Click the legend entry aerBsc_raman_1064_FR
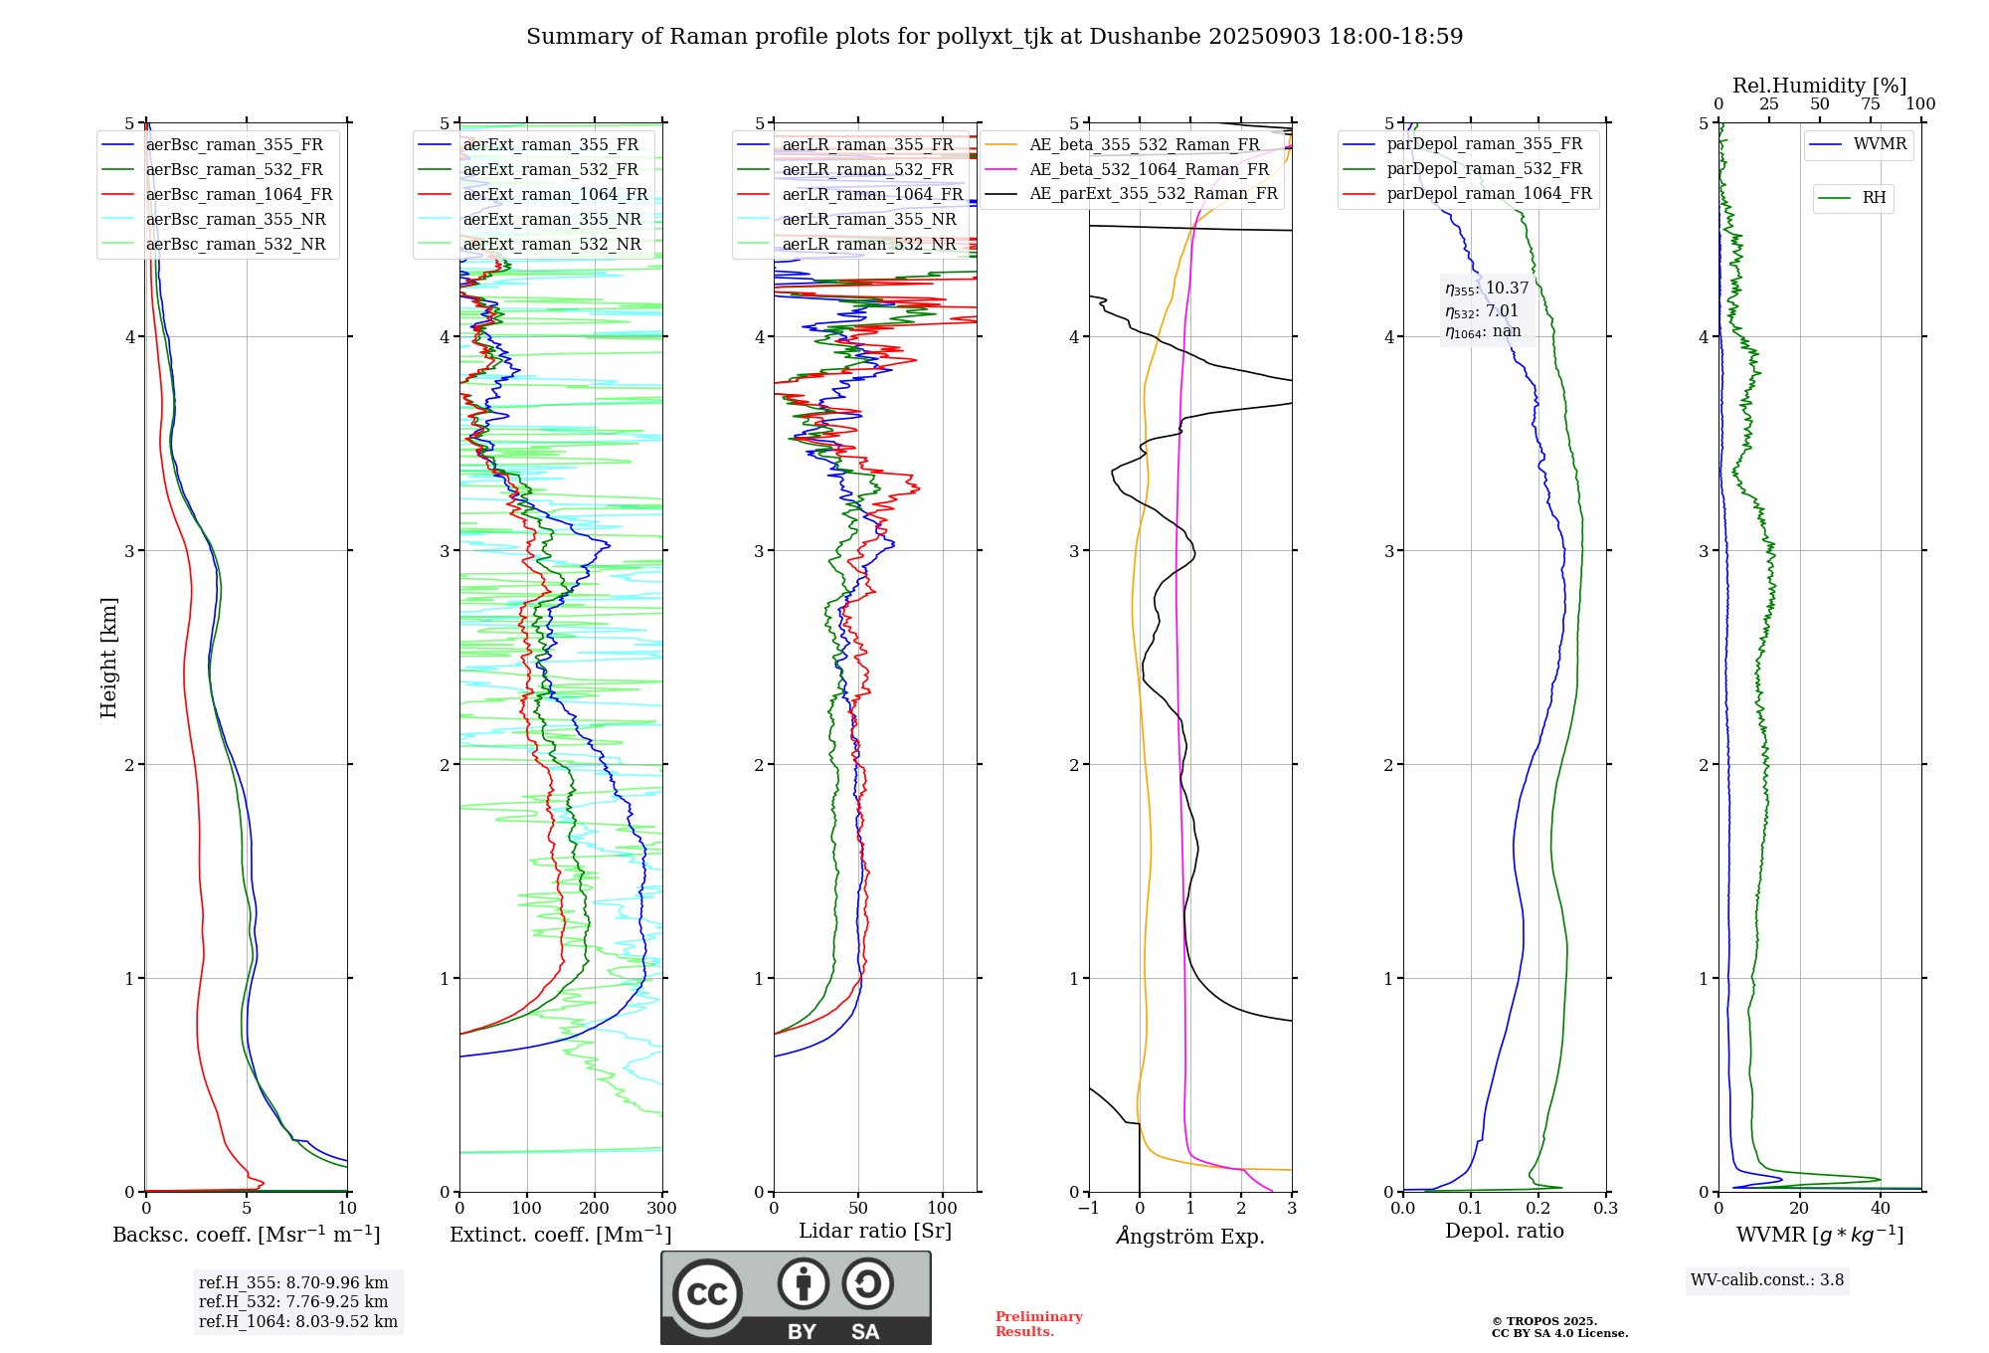[x=239, y=195]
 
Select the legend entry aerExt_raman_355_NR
[x=552, y=220]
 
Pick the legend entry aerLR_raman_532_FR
[x=867, y=170]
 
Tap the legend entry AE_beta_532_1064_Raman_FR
[x=1149, y=170]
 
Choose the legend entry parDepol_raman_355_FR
[x=1484, y=144]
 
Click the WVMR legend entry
[x=1880, y=144]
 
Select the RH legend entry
[x=1874, y=198]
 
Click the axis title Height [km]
[x=108, y=658]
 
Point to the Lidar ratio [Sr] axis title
[x=874, y=1232]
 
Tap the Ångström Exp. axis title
[x=1189, y=1237]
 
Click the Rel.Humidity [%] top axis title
[x=1819, y=86]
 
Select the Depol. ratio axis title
[x=1504, y=1232]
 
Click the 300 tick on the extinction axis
[x=662, y=1209]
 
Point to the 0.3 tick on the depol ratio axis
[x=1605, y=1209]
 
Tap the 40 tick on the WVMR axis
[x=1881, y=1209]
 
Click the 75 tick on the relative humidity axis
[x=1870, y=104]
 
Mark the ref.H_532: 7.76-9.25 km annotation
[x=293, y=1302]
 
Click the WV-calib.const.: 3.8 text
[x=1766, y=1280]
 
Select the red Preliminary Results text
[x=1038, y=1324]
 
